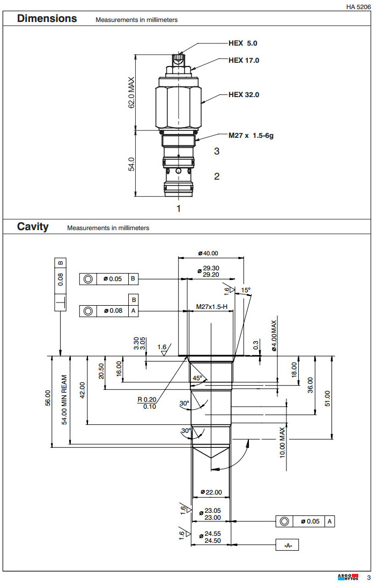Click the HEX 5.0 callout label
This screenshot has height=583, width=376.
pyautogui.click(x=242, y=43)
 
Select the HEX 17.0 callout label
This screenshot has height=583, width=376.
pyautogui.click(x=244, y=61)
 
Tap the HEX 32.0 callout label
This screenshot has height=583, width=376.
pyautogui.click(x=244, y=95)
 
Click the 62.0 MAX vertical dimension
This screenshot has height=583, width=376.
pyautogui.click(x=131, y=92)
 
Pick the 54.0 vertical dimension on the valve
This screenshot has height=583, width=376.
pyautogui.click(x=131, y=164)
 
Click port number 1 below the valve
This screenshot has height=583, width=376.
pyautogui.click(x=179, y=209)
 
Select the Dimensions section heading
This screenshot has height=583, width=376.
pyautogui.click(x=47, y=19)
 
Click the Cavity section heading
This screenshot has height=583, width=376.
pyautogui.click(x=33, y=227)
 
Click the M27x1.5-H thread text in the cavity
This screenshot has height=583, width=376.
pyautogui.click(x=211, y=306)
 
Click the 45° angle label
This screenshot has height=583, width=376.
pyautogui.click(x=197, y=378)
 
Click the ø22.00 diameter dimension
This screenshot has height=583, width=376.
pyautogui.click(x=211, y=492)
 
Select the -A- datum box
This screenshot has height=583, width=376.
pyautogui.click(x=287, y=545)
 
